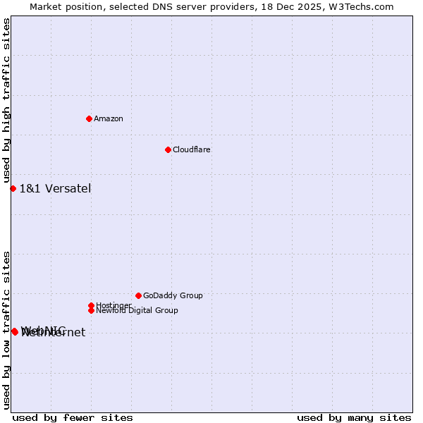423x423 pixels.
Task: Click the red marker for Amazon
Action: click(x=89, y=118)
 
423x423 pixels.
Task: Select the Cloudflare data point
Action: click(x=168, y=149)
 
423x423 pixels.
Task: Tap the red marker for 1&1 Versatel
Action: click(x=13, y=188)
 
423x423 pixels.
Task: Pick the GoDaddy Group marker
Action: click(x=138, y=295)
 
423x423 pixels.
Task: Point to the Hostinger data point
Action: click(x=91, y=305)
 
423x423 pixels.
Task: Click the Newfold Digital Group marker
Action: click(x=91, y=310)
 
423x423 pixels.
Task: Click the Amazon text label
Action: click(x=109, y=118)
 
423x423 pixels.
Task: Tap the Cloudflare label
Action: click(x=192, y=149)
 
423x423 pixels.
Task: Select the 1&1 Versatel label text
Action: click(x=55, y=188)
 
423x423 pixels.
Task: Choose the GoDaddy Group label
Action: click(x=173, y=295)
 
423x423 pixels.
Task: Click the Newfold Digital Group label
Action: click(x=137, y=310)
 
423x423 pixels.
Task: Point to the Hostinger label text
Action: click(x=113, y=305)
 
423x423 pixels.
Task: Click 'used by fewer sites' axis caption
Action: click(x=73, y=417)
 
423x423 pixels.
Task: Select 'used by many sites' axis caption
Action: click(x=354, y=417)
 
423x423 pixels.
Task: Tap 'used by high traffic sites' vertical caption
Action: click(x=7, y=100)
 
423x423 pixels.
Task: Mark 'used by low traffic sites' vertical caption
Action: click(x=7, y=329)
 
